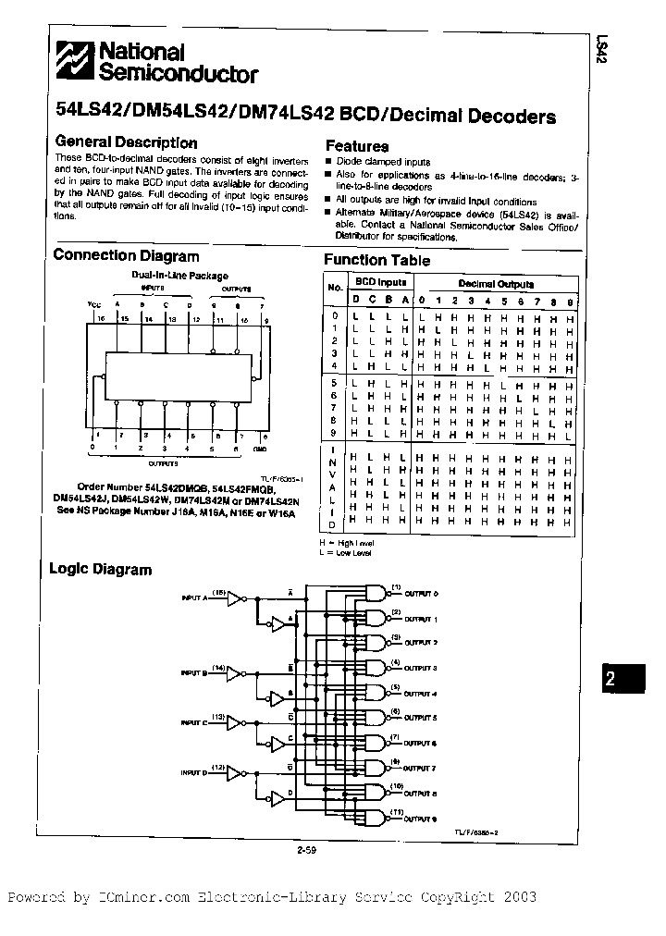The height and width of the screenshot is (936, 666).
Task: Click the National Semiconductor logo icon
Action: [74, 63]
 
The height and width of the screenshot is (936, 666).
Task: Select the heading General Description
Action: [127, 143]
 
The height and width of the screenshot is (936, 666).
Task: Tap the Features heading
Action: [357, 146]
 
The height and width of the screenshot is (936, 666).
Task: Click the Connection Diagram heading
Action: [127, 256]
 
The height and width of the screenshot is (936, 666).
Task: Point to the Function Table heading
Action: [376, 261]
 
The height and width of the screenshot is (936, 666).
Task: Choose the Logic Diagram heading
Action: [100, 570]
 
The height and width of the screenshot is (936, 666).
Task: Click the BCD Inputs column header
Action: [381, 282]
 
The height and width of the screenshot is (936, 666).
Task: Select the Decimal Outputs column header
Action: [496, 284]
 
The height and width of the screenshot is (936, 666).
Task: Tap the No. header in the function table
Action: [335, 288]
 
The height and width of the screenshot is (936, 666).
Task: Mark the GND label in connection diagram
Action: [262, 448]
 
